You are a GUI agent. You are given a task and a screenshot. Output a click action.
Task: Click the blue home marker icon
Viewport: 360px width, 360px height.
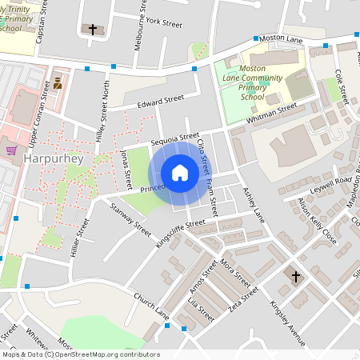click(180, 173)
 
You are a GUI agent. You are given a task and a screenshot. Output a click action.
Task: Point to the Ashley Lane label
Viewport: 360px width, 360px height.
click(252, 204)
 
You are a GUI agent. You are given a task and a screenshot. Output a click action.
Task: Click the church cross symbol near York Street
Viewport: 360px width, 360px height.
click(93, 30)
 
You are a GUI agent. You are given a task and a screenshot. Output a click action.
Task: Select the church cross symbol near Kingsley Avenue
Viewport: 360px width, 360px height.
click(295, 277)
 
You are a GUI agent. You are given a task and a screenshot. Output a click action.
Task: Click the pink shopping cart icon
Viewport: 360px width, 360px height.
click(11, 149)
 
